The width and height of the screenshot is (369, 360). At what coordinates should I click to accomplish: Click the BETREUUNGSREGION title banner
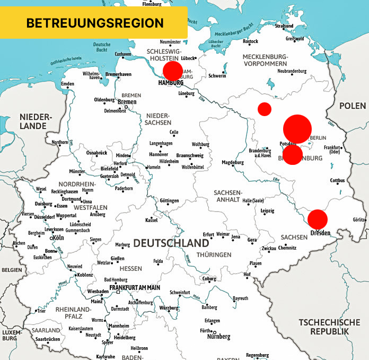coord(94,23)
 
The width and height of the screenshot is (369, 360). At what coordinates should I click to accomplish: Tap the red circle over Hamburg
coord(172,71)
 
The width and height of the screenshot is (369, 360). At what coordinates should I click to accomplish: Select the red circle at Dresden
coord(318,219)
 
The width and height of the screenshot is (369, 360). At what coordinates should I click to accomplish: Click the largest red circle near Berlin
coord(297,128)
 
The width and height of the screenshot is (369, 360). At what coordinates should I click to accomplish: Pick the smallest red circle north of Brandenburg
coord(265,109)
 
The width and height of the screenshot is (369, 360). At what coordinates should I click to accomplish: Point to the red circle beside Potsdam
coord(293,154)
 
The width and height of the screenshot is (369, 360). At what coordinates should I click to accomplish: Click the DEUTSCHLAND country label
coord(171,243)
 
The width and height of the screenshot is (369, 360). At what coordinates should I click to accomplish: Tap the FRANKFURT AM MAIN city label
coord(134,287)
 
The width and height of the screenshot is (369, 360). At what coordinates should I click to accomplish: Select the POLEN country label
coord(353,106)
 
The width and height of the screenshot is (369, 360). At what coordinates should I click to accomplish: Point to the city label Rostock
coord(250,41)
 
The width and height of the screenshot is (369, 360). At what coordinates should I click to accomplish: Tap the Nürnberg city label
coord(218,337)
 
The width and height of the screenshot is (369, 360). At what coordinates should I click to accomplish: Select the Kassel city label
coord(151,219)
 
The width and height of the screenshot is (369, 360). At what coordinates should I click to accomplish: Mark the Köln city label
coord(57,238)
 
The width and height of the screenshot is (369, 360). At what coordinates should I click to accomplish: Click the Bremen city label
coord(127,102)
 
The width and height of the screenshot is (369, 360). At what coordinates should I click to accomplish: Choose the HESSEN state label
coord(130,269)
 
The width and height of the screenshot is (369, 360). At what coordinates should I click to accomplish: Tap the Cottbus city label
coord(337,180)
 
